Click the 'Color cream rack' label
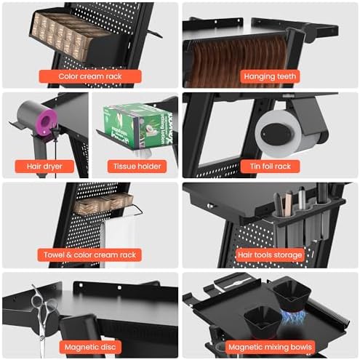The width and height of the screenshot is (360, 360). (90, 76)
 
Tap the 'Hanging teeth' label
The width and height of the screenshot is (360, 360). (270, 76)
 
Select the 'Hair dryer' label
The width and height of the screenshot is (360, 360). (44, 167)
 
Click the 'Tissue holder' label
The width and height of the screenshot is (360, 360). (137, 167)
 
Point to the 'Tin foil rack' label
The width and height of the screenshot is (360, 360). (270, 167)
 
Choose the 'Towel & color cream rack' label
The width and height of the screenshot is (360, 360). (89, 255)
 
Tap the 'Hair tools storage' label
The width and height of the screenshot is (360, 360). (270, 255)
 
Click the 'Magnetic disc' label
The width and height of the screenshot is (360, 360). (90, 347)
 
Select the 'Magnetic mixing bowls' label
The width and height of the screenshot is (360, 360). (270, 347)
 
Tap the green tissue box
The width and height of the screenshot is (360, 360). (137, 125)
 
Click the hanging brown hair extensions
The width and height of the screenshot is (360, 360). (239, 60)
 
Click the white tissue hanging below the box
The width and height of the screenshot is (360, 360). (143, 152)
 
